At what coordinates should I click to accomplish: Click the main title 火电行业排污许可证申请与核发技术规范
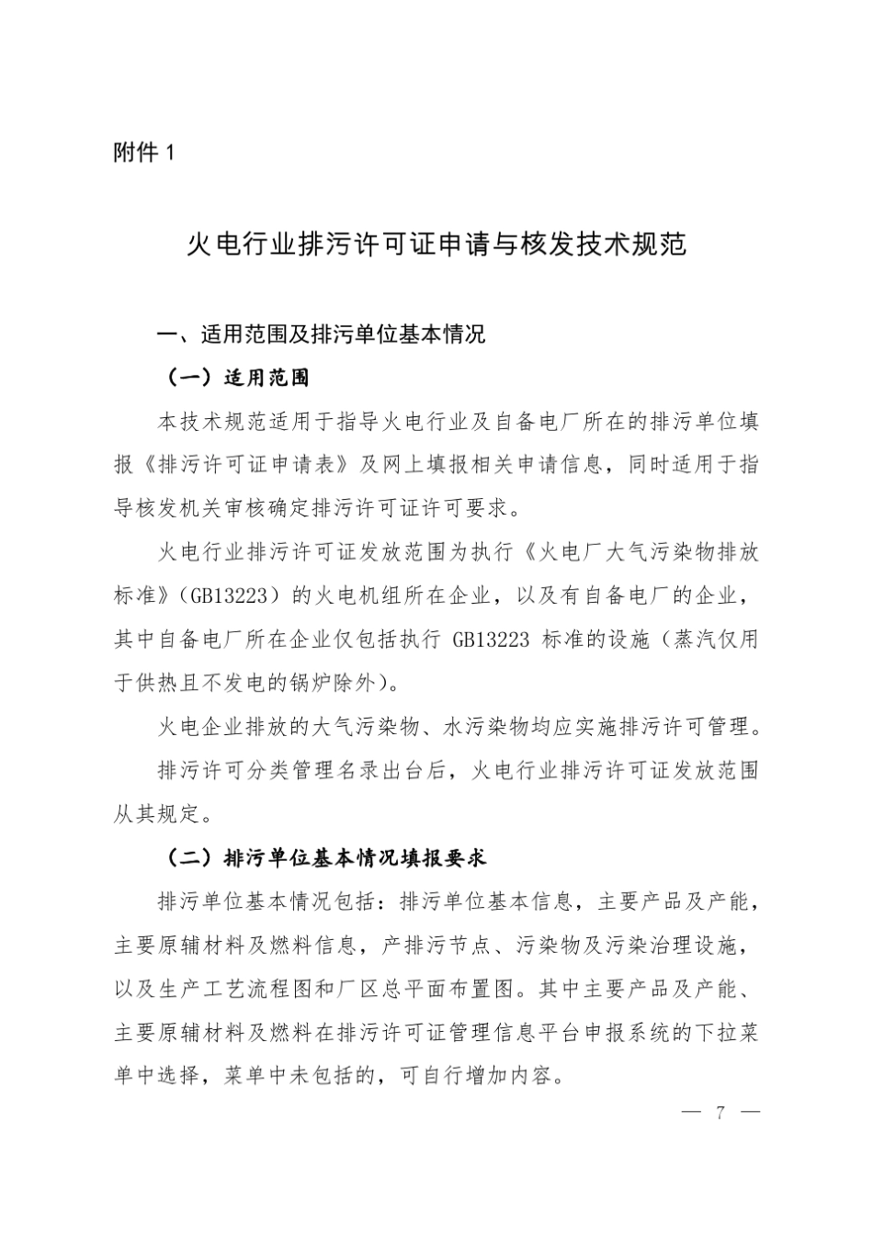(x=436, y=244)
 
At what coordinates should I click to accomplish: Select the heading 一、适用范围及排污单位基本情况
(x=321, y=334)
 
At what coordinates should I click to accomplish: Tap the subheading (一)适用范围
(x=237, y=378)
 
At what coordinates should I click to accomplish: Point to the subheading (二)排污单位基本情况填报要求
(x=326, y=858)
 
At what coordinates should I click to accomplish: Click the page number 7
(x=721, y=1113)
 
